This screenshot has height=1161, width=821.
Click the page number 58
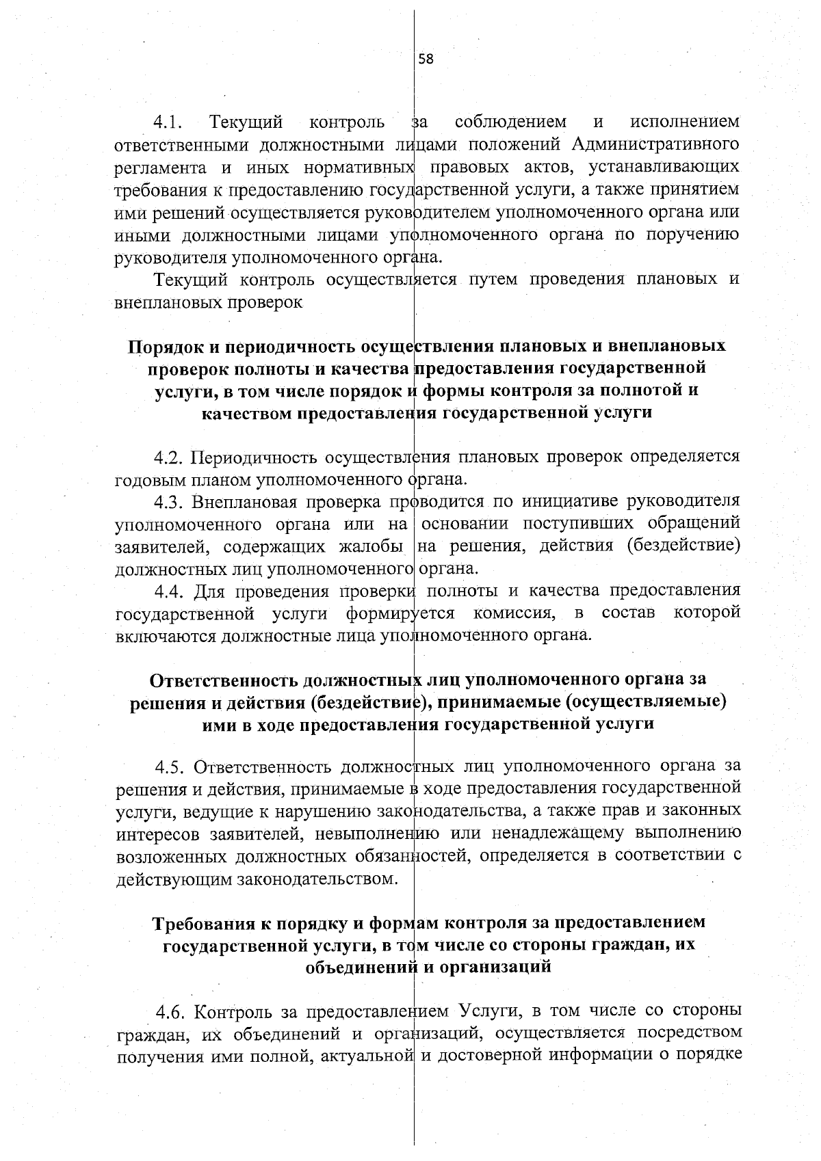coord(426,59)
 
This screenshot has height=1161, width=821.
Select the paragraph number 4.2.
coord(169,456)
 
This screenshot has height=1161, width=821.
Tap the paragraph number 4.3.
coord(169,502)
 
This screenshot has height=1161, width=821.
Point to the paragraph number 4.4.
coord(169,591)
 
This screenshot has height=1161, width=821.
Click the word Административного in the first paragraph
coord(655,145)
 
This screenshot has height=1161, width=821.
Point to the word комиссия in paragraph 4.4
coord(514,613)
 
